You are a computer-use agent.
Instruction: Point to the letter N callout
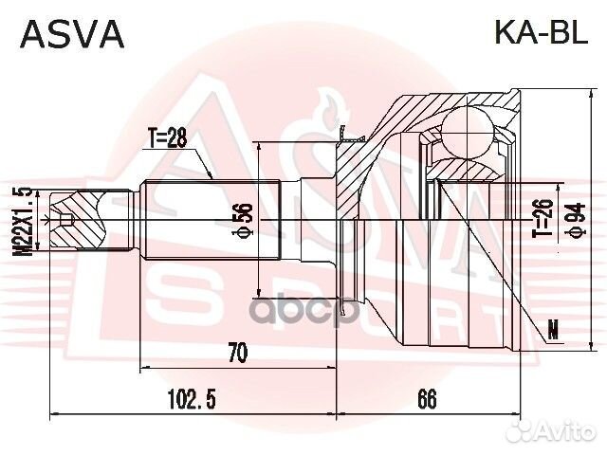[x=553, y=331]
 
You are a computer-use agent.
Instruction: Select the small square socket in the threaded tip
[x=66, y=223]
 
